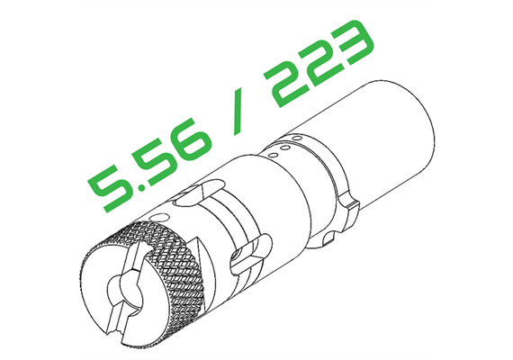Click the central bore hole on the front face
pos(126,292)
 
